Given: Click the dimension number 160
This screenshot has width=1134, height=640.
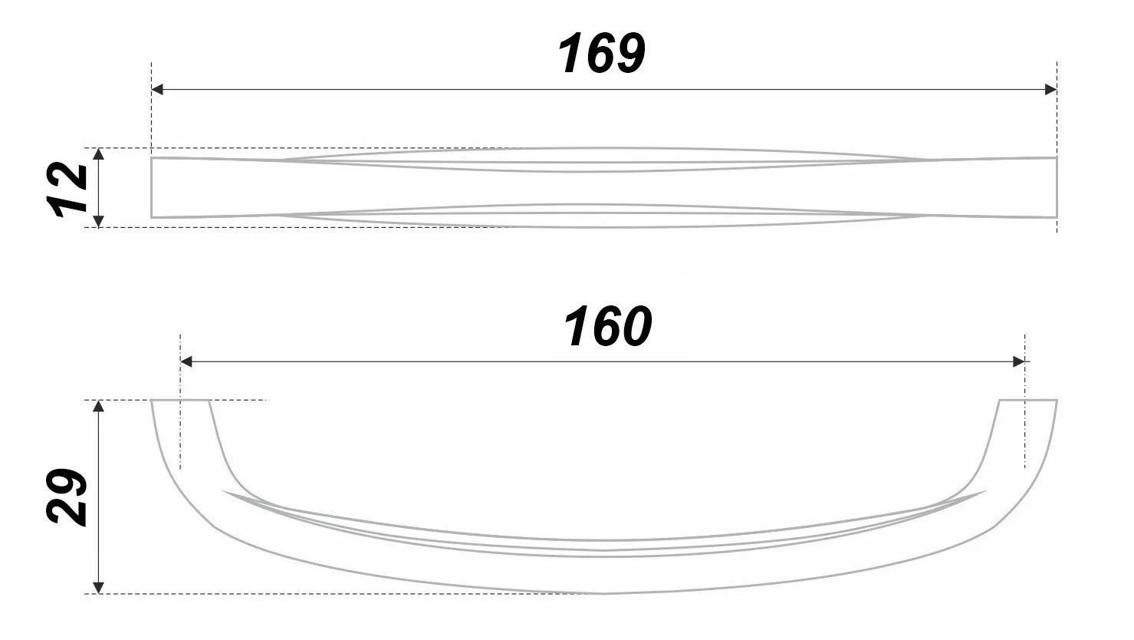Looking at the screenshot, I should coord(607,327).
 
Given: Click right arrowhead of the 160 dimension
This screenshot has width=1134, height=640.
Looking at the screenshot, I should coord(1019,361).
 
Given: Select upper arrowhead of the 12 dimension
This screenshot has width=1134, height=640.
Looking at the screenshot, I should coord(98,154).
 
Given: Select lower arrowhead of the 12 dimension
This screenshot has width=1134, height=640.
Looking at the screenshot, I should coord(98,221).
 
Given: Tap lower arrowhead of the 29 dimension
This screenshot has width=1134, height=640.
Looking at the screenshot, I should coord(98,587).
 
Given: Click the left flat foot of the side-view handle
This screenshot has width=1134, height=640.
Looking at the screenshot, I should coord(180,401).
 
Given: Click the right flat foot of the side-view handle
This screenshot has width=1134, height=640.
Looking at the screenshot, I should coord(1027,401).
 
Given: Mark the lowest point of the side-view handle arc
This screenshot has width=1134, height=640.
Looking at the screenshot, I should coord(604,592).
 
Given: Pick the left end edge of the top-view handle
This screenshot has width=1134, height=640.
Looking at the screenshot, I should coord(152,188).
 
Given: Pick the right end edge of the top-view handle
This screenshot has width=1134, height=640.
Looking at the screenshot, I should coord(1057,188).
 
